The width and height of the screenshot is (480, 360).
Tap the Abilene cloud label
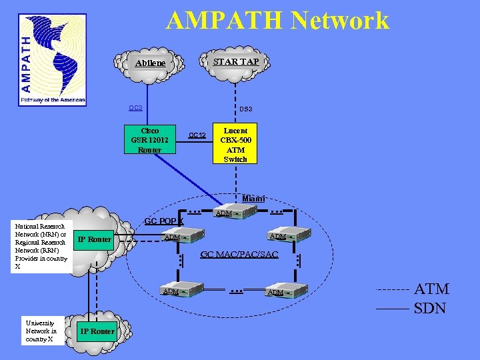tap(150, 63)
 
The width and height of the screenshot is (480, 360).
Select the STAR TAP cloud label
tap(235, 61)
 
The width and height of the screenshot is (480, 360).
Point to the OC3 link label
tap(135, 108)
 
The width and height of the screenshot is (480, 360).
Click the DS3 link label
tap(245, 109)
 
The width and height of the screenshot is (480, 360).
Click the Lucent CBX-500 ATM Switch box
tap(235, 145)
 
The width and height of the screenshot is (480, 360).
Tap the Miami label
tap(253, 198)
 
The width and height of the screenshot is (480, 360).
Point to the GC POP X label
tap(164, 221)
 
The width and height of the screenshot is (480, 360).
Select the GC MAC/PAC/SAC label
tap(239, 255)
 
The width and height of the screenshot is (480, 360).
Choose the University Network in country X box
tap(41, 331)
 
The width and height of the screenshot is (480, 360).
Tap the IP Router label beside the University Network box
tap(97, 331)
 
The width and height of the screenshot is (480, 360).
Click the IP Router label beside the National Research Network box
tap(95, 239)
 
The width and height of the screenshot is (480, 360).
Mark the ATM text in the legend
tap(431, 289)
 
